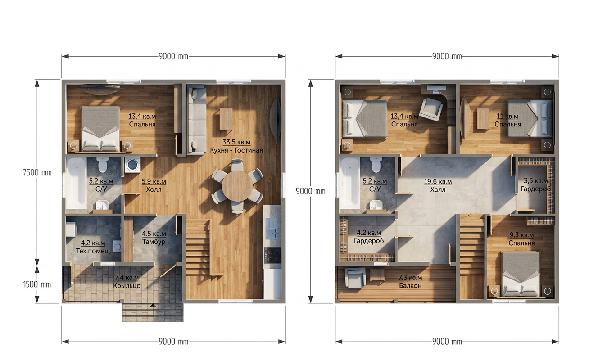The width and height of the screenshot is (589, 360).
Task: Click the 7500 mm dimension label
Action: click(37, 173)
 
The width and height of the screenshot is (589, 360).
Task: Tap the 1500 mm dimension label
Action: click(37, 284)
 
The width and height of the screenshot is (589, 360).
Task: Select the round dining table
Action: click(237, 186)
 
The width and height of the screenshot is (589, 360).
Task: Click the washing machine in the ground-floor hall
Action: click(132, 165)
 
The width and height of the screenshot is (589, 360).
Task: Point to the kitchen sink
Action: click(271, 229)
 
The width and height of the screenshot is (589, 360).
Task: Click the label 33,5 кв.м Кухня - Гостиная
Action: click(236, 146)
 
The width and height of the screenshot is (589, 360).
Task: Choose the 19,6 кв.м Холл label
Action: click(438, 185)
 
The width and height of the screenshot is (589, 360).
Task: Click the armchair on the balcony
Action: click(355, 278)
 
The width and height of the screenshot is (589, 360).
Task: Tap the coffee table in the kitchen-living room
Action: click(226, 119)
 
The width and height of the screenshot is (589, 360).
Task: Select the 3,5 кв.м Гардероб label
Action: click(535, 185)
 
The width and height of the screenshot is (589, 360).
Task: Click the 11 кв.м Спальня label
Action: click(507, 120)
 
